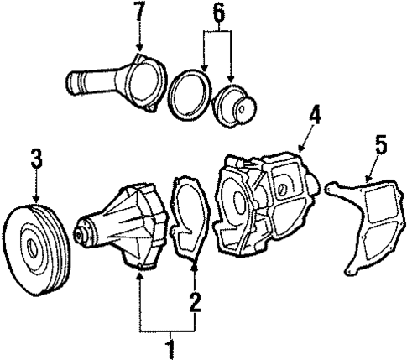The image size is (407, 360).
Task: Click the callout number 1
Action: (x=170, y=344)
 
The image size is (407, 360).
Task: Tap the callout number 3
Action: (x=36, y=158)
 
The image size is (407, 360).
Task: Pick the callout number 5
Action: (x=380, y=144)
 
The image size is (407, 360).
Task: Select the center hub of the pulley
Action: (x=34, y=248)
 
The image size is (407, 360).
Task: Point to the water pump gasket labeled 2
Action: (x=190, y=223)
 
